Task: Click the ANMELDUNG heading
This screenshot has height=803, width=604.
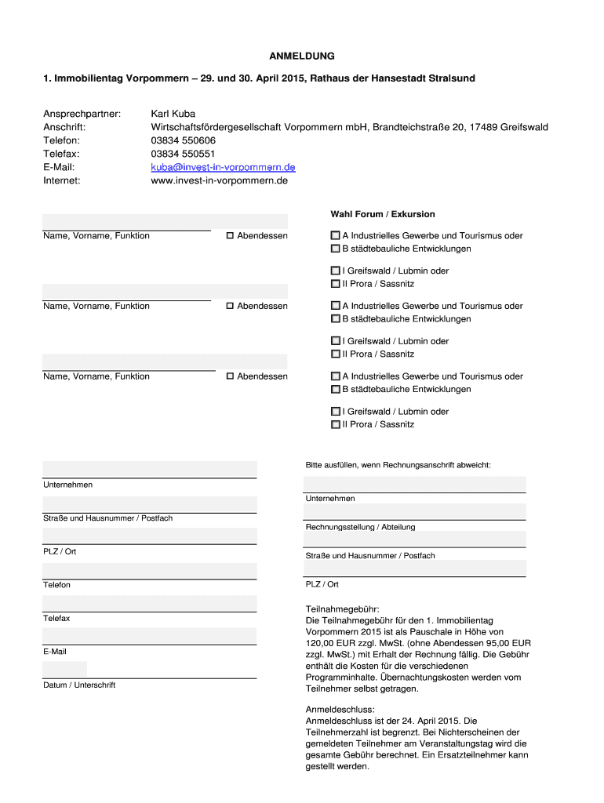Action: [302, 56]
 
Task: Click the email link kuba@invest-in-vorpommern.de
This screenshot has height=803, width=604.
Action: [223, 167]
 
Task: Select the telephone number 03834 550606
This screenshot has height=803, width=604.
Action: [183, 140]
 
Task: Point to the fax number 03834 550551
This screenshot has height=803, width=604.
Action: [183, 154]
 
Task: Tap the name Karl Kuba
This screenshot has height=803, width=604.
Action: [173, 114]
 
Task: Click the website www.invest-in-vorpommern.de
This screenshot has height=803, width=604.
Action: [219, 180]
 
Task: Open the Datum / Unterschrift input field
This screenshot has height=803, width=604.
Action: [65, 670]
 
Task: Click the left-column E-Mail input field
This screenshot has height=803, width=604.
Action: [149, 636]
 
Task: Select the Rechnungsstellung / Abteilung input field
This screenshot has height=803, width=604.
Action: [415, 512]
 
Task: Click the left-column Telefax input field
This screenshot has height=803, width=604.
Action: [149, 603]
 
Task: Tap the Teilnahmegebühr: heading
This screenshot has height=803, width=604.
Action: [342, 609]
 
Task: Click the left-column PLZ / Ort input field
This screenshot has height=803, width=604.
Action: [149, 536]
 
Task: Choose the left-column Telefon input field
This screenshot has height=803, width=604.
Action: [149, 569]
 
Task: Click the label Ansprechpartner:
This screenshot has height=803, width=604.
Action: [82, 114]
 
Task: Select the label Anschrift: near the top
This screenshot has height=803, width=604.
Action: [64, 127]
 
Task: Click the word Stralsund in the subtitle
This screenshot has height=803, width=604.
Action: [449, 79]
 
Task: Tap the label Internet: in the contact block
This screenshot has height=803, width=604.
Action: [62, 180]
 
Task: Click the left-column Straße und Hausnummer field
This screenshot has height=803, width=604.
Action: [149, 503]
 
